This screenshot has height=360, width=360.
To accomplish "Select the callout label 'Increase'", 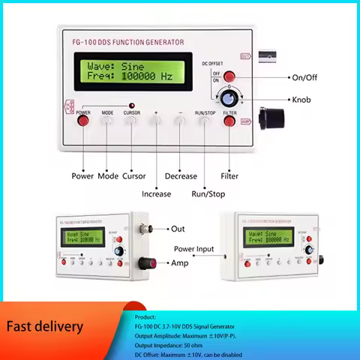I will tap(156, 193).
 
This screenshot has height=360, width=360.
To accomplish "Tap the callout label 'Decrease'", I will tap(181, 176).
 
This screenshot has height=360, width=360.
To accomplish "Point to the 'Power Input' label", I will tap(194, 248).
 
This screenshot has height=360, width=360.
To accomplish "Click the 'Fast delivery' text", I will tap(45, 326).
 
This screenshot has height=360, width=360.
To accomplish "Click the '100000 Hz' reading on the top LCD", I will tap(146, 76).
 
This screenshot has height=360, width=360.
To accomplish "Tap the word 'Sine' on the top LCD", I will tap(132, 66).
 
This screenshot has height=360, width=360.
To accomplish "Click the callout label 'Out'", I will tap(178, 229).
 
